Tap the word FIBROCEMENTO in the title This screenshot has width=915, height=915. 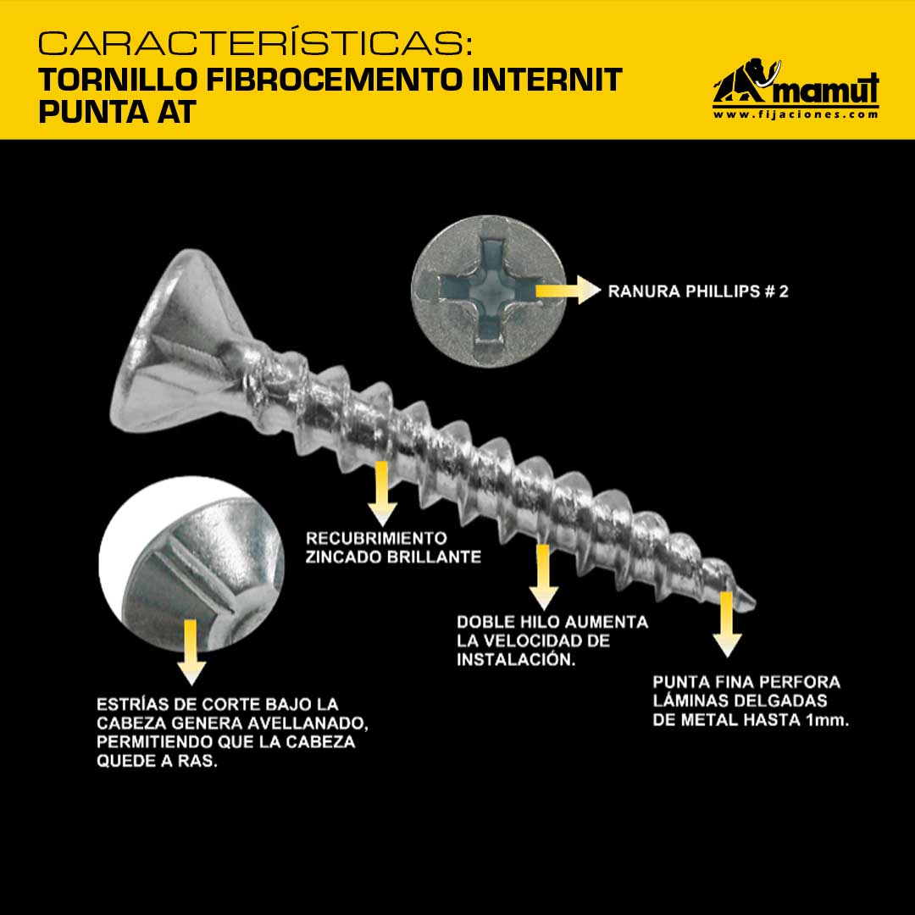click(333, 80)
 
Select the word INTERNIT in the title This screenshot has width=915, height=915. click(546, 80)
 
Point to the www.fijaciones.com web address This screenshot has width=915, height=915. click(796, 114)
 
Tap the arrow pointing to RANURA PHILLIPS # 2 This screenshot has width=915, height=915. click(568, 290)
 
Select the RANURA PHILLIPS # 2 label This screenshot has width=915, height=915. click(698, 291)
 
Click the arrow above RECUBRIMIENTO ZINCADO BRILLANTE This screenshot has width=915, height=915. click(382, 494)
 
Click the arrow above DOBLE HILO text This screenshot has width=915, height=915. click(543, 577)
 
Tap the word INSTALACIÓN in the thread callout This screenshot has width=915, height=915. click(516, 659)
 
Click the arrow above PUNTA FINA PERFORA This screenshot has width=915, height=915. click(727, 624)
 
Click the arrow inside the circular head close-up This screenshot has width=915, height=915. click(191, 652)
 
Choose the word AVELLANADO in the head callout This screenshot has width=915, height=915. click(308, 724)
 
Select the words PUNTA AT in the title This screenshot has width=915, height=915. click(117, 112)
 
